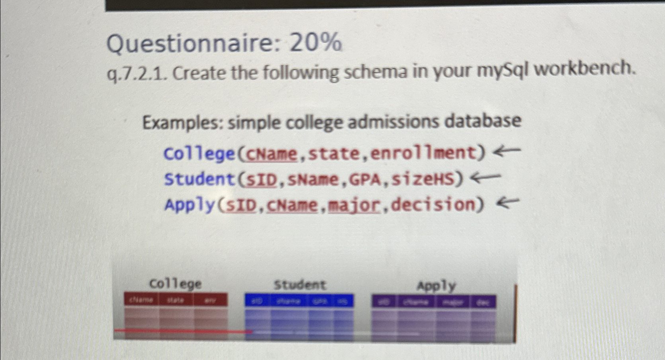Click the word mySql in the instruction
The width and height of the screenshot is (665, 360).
(x=502, y=71)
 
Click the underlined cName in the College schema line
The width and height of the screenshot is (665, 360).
(x=272, y=154)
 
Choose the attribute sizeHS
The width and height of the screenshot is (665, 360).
(x=427, y=179)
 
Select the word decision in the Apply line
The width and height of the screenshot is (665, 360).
(x=438, y=204)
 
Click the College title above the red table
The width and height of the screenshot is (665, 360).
(x=175, y=284)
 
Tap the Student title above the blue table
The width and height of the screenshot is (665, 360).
(x=300, y=285)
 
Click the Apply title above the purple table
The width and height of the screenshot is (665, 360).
(x=436, y=286)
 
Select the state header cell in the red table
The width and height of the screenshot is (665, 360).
(x=176, y=300)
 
